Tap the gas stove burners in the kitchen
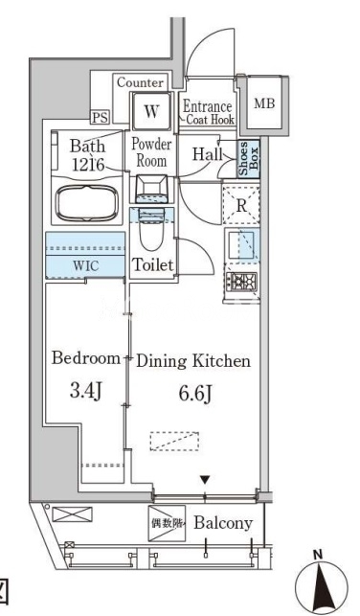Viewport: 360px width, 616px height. pos(243,282)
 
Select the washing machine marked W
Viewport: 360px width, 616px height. pos(151,111)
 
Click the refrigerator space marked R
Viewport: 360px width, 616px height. pos(241,205)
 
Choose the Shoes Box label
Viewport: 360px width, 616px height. pos(249,158)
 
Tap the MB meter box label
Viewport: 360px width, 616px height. pos(264,103)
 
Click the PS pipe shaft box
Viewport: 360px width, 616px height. pos(101,118)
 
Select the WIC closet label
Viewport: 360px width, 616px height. pos(86,265)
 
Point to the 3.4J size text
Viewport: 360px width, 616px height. pos(86,391)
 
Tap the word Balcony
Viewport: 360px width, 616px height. pos(223,523)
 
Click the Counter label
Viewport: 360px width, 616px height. pos(140,82)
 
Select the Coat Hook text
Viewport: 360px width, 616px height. pos(211,120)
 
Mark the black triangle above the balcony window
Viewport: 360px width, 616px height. pos(205,480)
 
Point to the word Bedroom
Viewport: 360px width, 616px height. pos(86,358)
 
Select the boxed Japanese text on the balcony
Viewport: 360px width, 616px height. pos(167,523)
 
